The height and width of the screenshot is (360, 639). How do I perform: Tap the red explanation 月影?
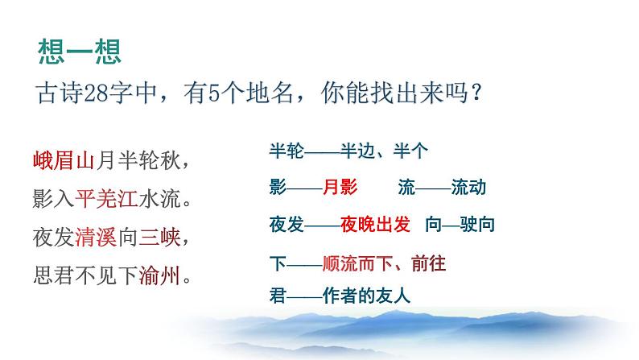coord(339,188)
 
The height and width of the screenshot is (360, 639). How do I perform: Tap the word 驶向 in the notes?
coord(477,226)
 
